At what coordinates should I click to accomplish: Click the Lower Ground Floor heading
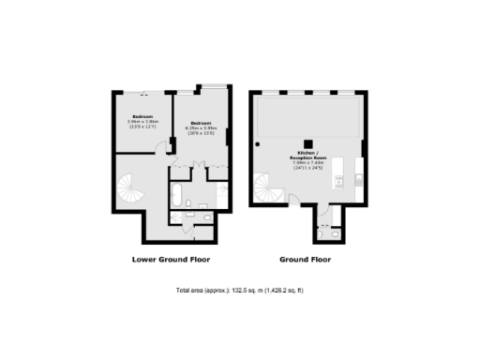171,259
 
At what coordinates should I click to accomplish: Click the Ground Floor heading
305,259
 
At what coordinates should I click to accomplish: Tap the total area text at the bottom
240,291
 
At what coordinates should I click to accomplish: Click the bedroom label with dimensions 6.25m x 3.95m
202,128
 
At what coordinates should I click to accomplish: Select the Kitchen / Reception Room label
307,155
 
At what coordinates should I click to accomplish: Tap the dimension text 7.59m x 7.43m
307,162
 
